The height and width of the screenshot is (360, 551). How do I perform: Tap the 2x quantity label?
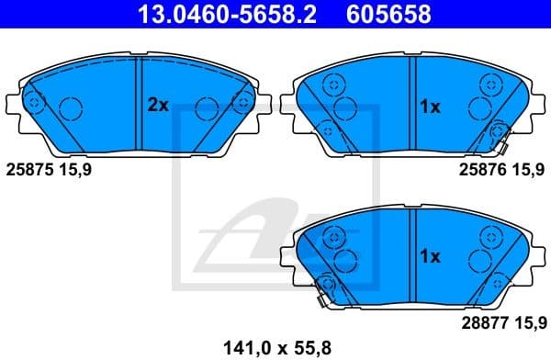[x=158, y=106]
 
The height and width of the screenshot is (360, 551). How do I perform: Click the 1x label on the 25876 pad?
[x=430, y=107]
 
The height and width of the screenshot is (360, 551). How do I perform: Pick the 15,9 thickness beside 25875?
[x=74, y=169]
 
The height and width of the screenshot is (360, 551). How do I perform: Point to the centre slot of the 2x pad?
[x=136, y=103]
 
